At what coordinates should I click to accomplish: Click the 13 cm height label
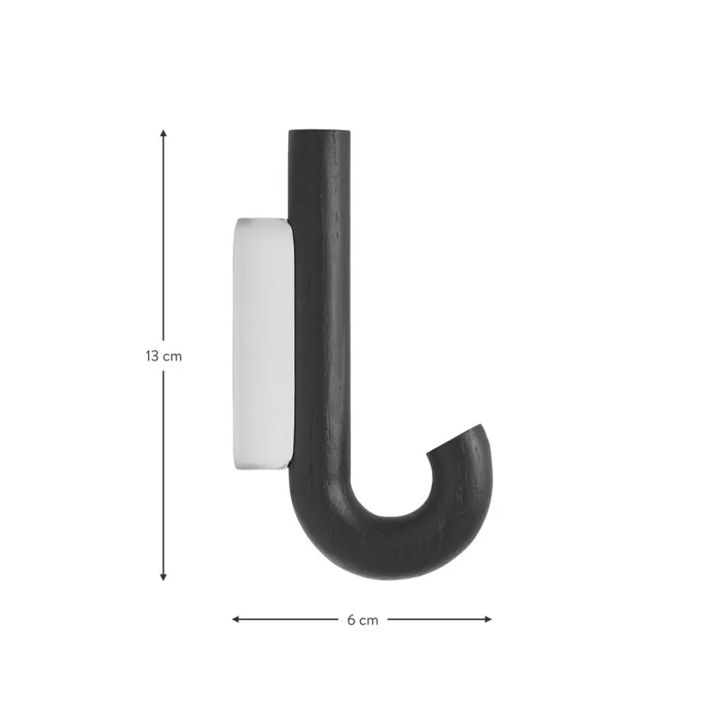click(164, 356)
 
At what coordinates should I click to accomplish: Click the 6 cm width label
click(362, 620)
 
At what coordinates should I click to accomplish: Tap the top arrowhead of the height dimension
click(163, 133)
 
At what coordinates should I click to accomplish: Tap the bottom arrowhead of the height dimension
click(163, 577)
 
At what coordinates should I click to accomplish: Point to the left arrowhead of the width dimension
click(236, 619)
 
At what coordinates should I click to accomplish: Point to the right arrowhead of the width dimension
click(488, 619)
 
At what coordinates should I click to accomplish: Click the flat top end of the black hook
click(320, 132)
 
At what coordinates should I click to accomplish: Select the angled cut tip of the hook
click(454, 438)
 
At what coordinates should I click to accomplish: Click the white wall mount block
click(263, 344)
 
